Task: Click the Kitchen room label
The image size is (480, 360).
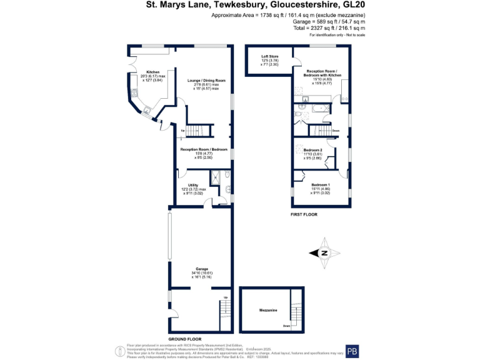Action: coord(153,72)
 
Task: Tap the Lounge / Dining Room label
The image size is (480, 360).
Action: coord(207,81)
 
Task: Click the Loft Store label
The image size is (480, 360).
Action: coord(270,57)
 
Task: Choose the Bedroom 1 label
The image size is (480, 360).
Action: coord(321,184)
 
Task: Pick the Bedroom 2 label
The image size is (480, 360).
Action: coord(312,150)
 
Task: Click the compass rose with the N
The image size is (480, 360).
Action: coord(325,252)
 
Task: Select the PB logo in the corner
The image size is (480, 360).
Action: coord(352,350)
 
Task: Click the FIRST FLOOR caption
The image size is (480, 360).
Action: coord(304,214)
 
